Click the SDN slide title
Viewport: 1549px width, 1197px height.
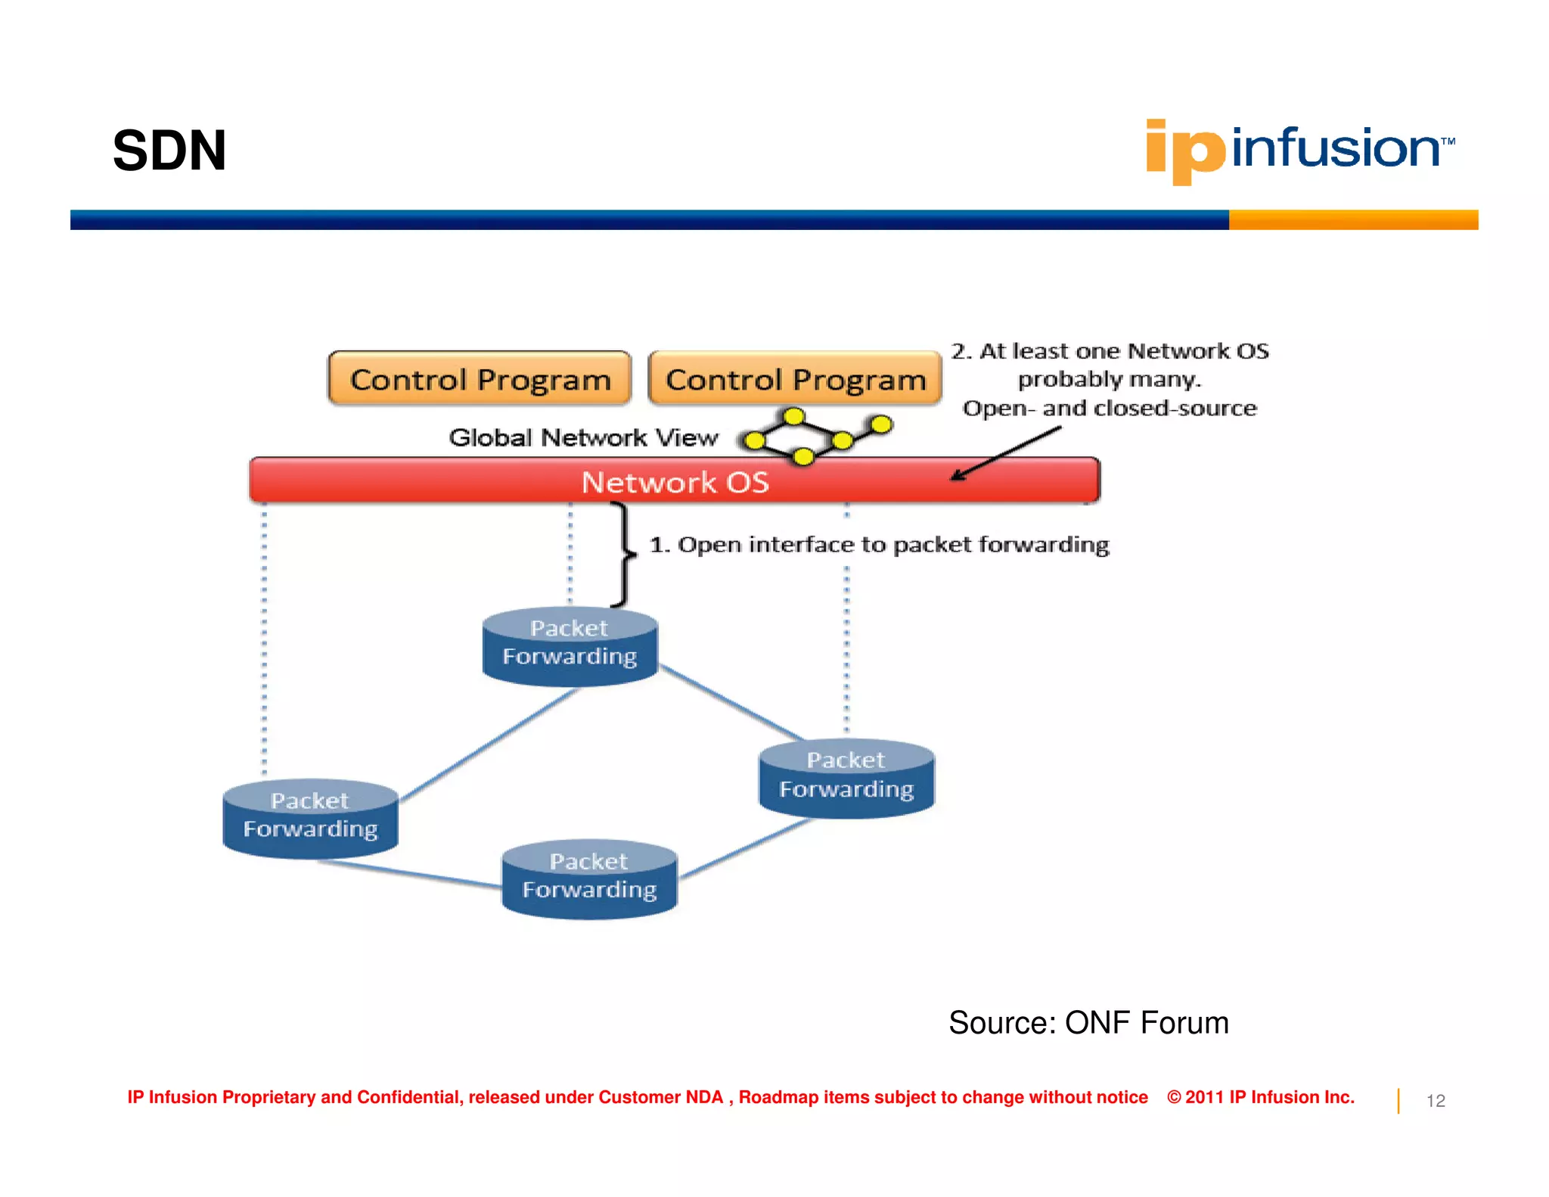click(169, 151)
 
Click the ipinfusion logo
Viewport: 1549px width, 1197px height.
click(1299, 149)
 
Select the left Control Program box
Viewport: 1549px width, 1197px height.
click(480, 378)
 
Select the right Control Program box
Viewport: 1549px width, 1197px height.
click(795, 378)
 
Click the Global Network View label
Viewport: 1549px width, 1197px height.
click(582, 437)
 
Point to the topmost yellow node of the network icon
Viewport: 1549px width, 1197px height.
click(793, 416)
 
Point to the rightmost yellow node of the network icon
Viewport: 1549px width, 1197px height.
click(880, 424)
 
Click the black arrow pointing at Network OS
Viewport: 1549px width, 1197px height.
click(1006, 453)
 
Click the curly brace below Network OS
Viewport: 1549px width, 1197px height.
click(625, 555)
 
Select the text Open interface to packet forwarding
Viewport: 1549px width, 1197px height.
click(879, 545)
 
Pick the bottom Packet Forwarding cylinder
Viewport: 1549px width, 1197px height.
click(589, 879)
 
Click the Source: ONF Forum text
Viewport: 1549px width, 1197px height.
click(1088, 1022)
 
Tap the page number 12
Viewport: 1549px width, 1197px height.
click(1436, 1101)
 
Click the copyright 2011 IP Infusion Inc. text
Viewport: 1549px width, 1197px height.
click(1261, 1097)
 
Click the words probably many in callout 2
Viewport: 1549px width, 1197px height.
click(1109, 379)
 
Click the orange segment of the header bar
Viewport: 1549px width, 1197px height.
click(1353, 219)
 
